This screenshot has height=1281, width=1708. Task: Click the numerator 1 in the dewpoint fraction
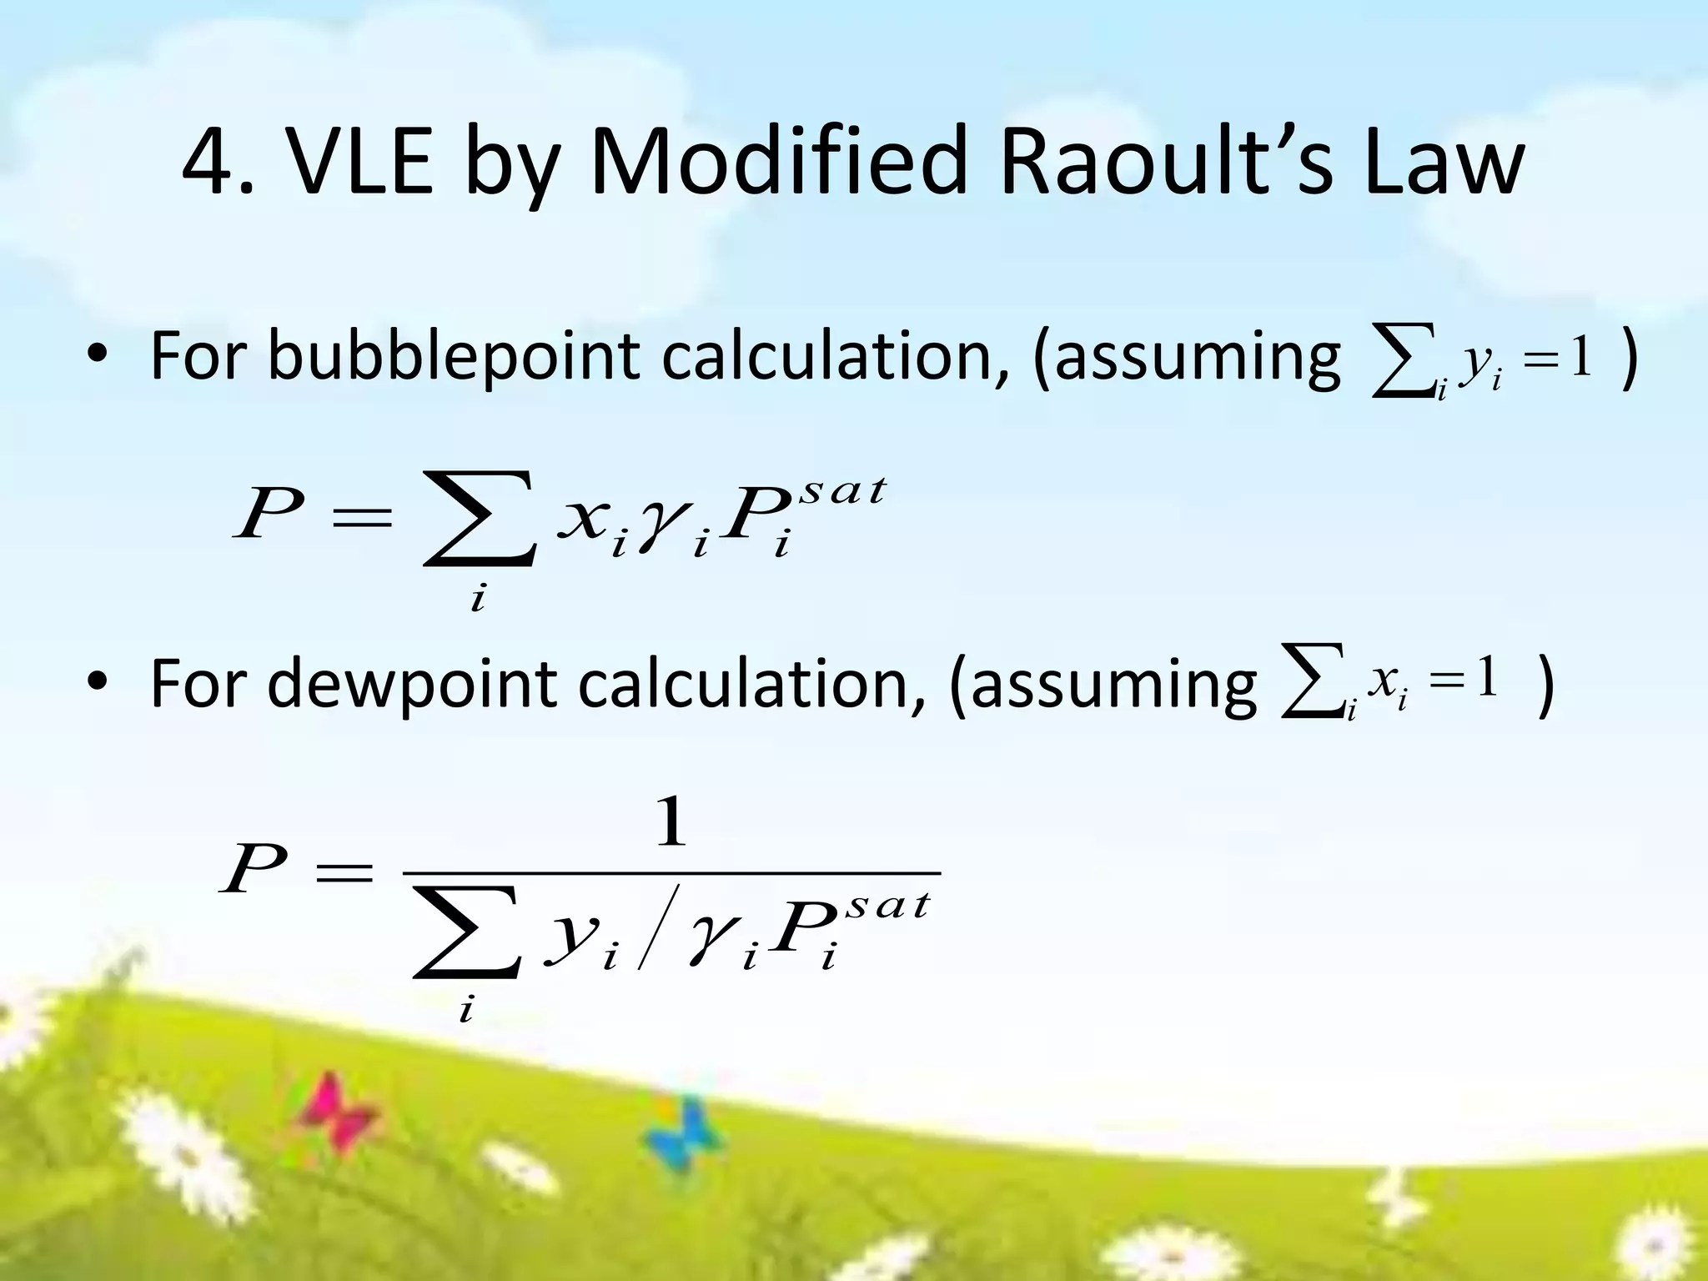click(671, 822)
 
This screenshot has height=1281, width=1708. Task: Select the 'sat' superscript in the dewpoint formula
click(887, 906)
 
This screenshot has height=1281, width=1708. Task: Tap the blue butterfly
click(685, 1134)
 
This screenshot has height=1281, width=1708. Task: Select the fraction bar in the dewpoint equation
click(671, 873)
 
